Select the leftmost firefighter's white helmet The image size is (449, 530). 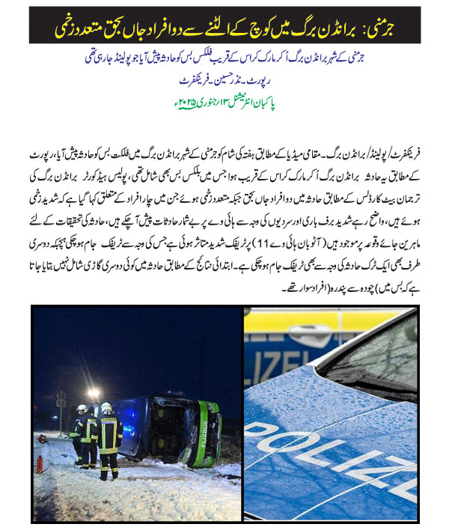coord(81,409)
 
